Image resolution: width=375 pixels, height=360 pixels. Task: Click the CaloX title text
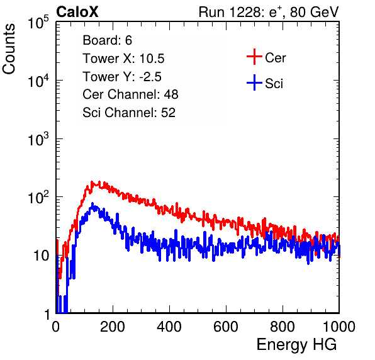77,12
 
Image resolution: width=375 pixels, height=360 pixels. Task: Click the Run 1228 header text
269,12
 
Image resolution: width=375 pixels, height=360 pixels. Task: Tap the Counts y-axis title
9,48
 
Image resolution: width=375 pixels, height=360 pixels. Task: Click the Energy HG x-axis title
296,345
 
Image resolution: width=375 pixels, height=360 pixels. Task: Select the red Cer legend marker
254,57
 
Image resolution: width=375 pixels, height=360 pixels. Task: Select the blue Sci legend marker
254,82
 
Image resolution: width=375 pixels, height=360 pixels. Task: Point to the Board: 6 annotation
108,40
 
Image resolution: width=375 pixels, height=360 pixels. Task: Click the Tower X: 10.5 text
123,59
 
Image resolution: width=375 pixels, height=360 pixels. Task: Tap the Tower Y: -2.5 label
122,77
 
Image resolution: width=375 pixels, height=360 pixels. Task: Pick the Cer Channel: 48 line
130,94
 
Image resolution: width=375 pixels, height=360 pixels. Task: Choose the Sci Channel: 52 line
129,112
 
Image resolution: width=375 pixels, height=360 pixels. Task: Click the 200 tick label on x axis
113,327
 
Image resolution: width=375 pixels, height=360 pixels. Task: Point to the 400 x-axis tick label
169,327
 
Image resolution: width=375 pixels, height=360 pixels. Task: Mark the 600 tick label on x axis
226,327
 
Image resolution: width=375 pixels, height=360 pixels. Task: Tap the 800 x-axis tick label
283,327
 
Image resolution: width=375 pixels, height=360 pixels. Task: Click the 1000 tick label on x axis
339,327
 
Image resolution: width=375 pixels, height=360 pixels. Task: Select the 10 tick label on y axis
41,256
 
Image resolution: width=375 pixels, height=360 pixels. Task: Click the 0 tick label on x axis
56,327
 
